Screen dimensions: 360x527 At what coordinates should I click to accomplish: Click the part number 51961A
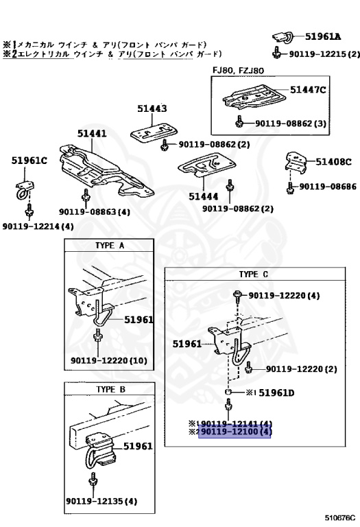323,36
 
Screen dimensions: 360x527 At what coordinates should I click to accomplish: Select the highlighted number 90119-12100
235,432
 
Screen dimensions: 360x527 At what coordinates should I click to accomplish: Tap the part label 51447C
308,90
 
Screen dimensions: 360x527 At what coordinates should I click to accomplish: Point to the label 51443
152,108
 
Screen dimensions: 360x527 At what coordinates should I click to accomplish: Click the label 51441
92,133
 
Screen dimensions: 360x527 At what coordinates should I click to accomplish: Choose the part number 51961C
29,161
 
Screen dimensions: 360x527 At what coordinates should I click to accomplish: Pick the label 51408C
333,162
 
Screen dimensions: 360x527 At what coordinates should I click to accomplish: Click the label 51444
204,196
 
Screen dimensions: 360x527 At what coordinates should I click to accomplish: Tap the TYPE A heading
110,246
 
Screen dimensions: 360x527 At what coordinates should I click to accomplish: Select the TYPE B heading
110,390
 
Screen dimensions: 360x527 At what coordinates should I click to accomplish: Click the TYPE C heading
254,274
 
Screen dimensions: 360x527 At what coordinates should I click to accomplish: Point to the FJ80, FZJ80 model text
238,71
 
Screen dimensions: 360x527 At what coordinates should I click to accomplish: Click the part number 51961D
276,393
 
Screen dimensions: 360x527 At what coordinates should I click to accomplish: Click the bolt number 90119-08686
328,187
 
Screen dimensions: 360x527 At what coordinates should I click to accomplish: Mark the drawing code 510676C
340,517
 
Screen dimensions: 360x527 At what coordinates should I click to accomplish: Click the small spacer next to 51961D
228,393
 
